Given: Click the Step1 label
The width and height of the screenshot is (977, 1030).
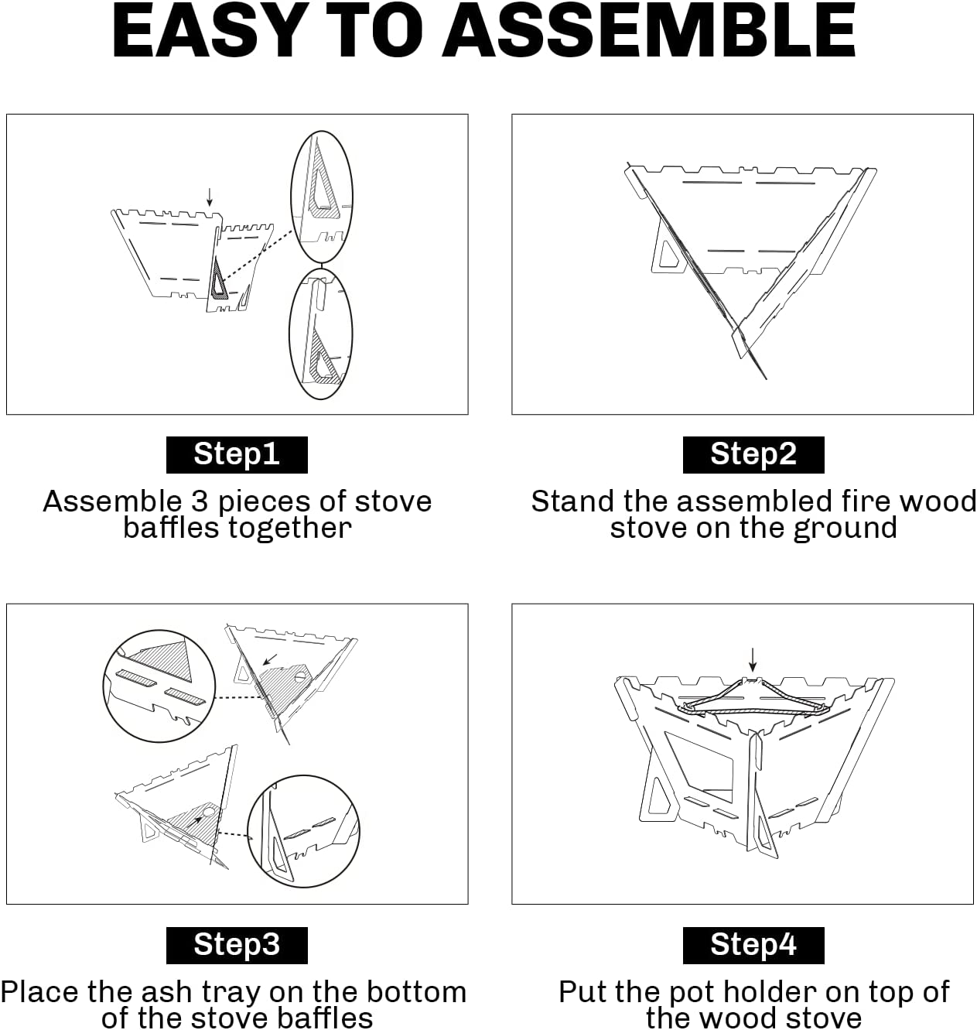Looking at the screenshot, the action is pos(237,454).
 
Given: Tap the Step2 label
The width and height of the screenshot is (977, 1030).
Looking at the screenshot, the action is pos(753,454).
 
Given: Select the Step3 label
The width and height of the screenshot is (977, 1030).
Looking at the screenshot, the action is pos(237,945).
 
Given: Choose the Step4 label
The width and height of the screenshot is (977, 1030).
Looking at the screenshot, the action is pos(753,945).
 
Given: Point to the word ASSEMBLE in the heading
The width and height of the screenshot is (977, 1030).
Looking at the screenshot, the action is pos(650,32).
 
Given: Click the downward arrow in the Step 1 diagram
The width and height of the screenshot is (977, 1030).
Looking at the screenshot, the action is pos(210,197).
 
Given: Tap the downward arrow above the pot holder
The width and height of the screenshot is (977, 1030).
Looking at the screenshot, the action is pos(753,659).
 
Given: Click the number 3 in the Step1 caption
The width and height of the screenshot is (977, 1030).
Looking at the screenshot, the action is pos(199,501).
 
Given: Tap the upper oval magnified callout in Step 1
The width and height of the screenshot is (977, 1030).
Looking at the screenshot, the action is pos(292,197).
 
